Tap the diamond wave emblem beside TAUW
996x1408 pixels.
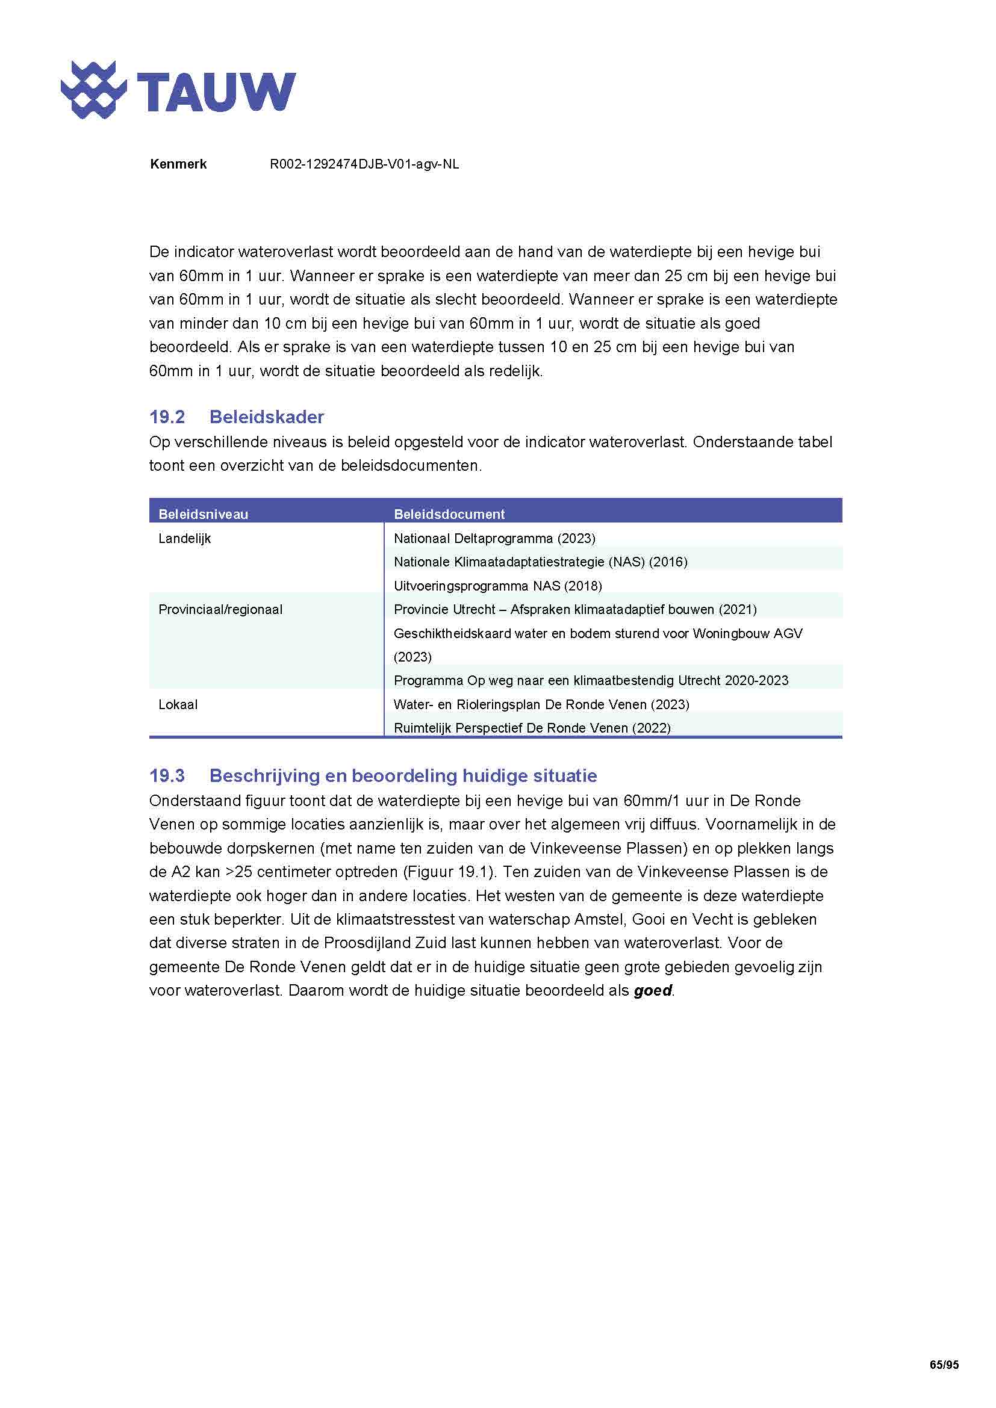click(93, 90)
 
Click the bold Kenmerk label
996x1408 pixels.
click(178, 164)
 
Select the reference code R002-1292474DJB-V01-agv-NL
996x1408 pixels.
click(364, 164)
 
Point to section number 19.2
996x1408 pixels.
click(167, 417)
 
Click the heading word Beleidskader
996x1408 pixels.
click(266, 417)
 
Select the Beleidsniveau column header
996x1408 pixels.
click(203, 514)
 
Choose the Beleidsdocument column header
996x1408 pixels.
click(449, 514)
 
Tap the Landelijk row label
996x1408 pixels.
click(185, 538)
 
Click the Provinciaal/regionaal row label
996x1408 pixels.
click(220, 610)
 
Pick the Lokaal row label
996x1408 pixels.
click(178, 705)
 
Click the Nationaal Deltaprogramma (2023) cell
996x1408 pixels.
click(494, 538)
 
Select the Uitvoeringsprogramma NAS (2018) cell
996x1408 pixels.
click(497, 586)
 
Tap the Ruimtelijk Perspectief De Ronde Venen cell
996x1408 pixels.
click(532, 728)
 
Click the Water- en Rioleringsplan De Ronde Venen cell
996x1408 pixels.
click(541, 705)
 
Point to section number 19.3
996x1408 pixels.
click(167, 776)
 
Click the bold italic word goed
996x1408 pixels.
click(653, 990)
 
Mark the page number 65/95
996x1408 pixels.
click(944, 1365)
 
